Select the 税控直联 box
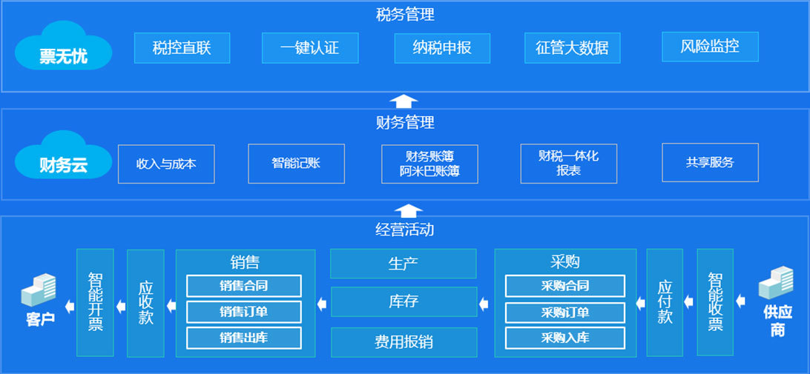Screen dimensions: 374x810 (182, 48)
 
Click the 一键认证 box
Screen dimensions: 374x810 (309, 48)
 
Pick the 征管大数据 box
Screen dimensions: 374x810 (571, 48)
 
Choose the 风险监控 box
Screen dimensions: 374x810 (709, 47)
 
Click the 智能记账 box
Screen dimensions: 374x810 (296, 164)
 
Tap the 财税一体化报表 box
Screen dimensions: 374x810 (568, 164)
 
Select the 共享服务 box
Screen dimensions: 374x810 (710, 163)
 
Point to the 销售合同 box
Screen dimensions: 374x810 (243, 286)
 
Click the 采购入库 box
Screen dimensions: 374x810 (564, 338)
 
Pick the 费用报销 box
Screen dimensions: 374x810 (403, 342)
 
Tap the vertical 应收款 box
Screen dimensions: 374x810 (145, 303)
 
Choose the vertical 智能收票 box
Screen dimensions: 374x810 (715, 302)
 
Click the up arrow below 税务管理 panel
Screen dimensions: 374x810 (404, 101)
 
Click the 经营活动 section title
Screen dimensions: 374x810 (404, 230)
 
